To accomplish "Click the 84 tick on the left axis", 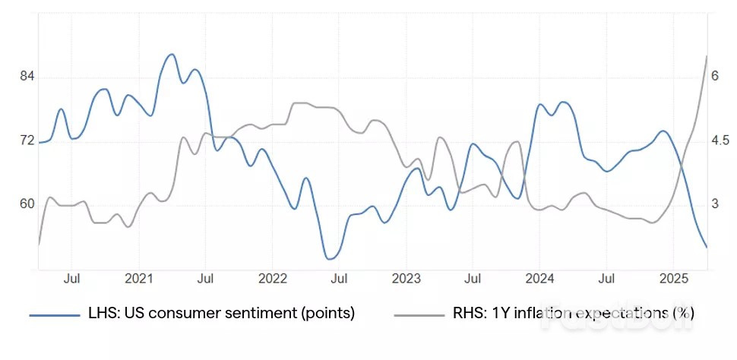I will point(27,77).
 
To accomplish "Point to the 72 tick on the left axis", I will point(27,141).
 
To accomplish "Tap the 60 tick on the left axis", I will point(27,204).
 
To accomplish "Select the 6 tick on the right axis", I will point(715,77).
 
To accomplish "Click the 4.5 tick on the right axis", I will point(720,141).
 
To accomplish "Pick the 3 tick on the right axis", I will point(715,204).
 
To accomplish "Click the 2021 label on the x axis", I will point(139,279).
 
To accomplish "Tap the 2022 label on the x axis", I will point(273,279).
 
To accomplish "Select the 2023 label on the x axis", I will point(406,279).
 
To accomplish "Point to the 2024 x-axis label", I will point(540,279).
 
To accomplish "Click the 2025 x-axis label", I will point(674,279).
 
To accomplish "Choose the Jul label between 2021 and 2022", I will point(205,279).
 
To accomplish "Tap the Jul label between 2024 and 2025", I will point(606,279).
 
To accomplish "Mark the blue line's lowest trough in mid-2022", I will point(329,259).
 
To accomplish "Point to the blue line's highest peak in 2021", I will point(171,55).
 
